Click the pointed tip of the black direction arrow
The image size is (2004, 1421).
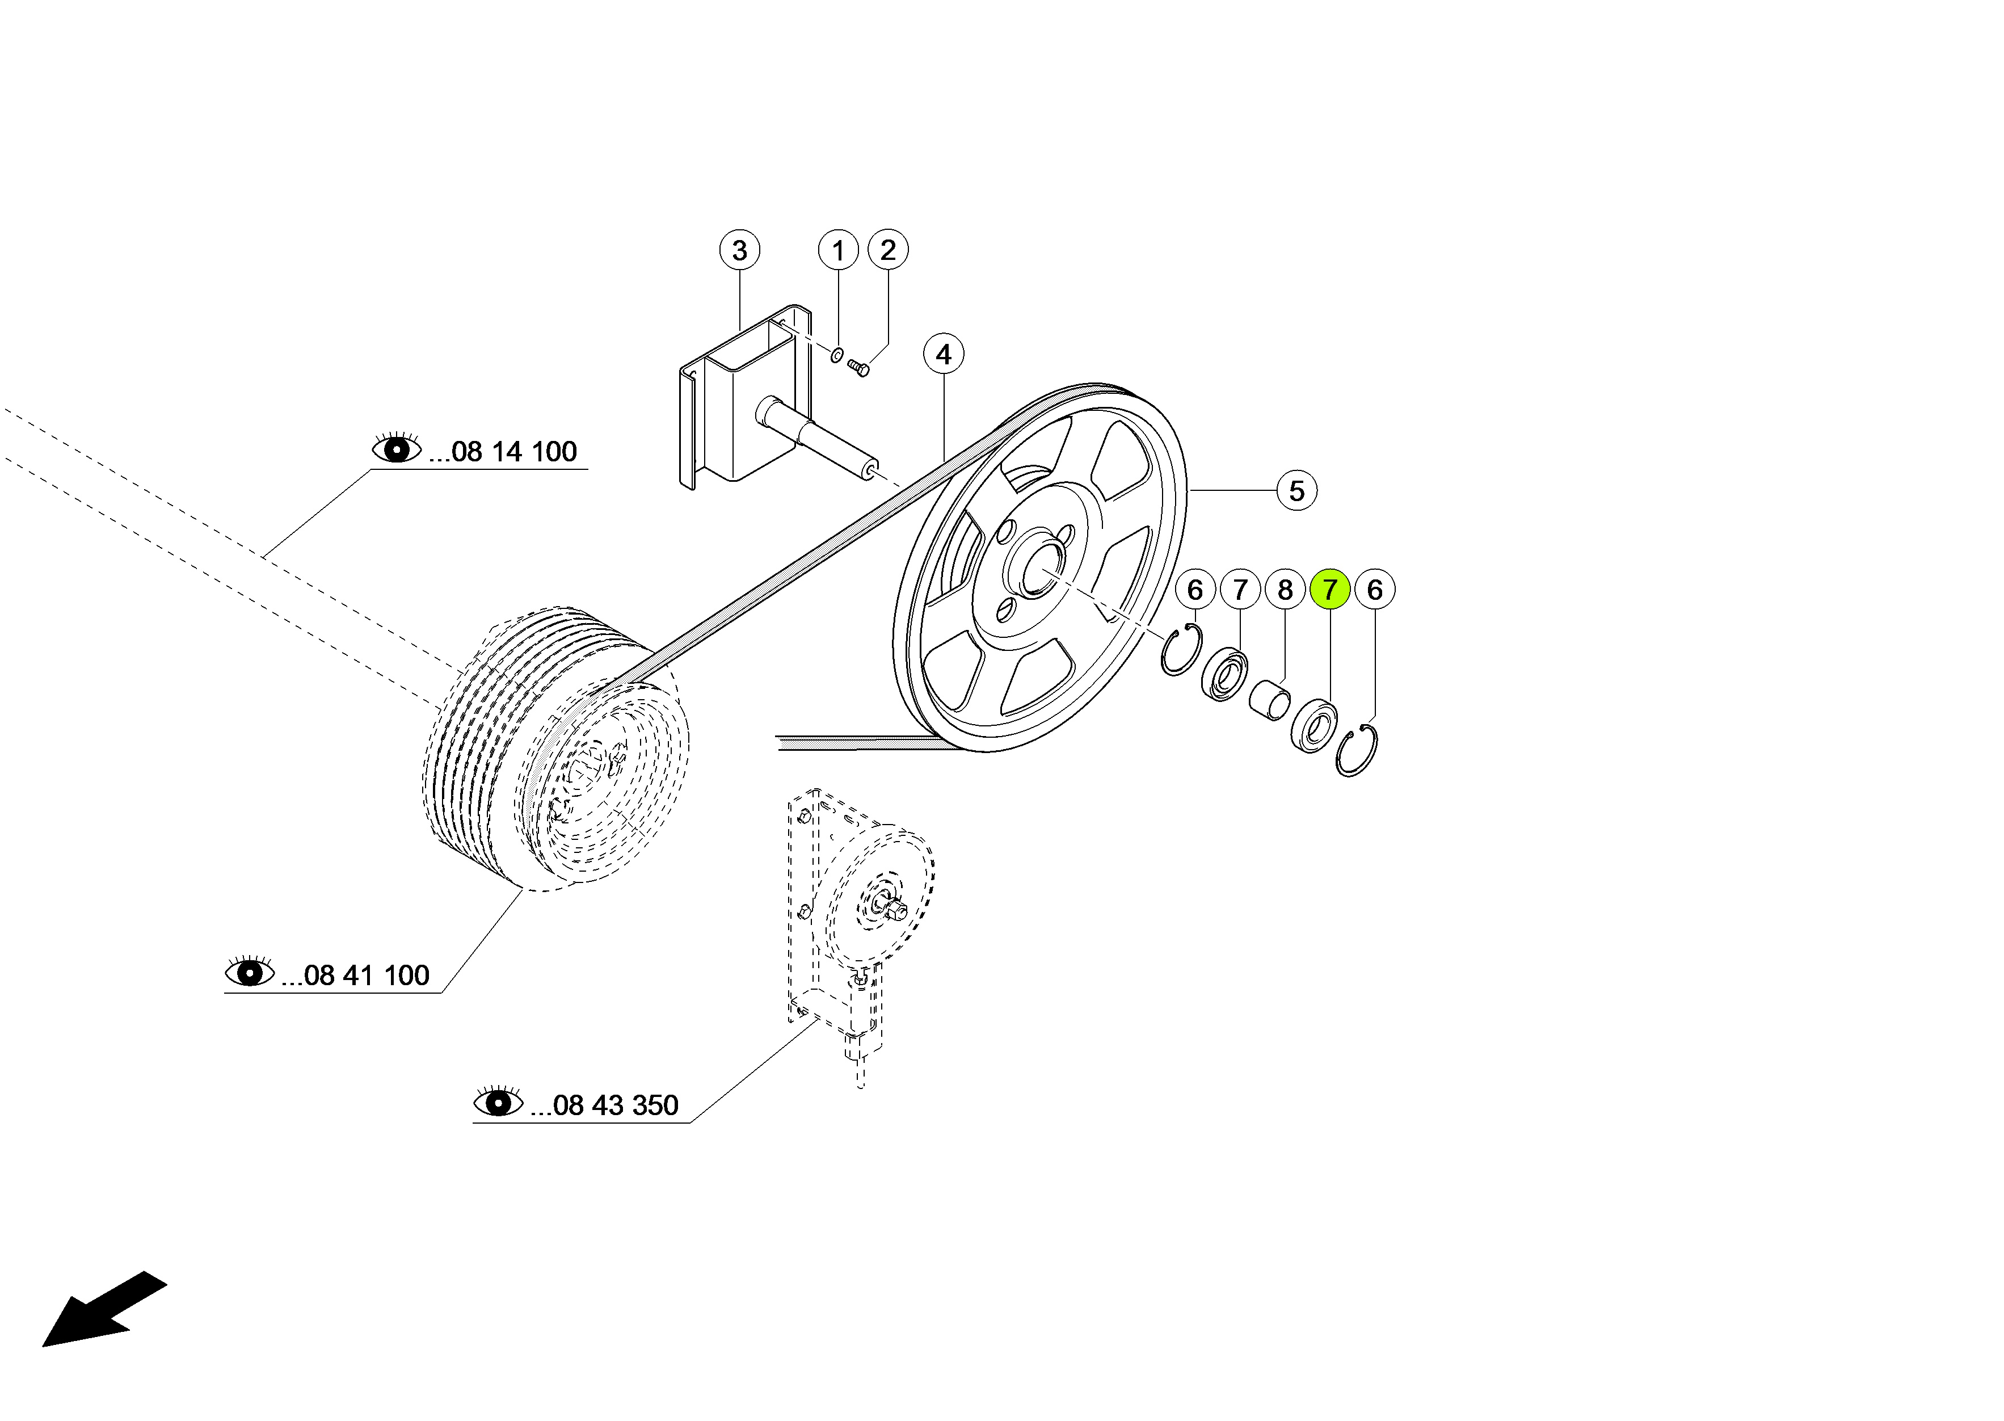tap(44, 1346)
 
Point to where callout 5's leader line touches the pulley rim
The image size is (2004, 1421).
tap(1189, 491)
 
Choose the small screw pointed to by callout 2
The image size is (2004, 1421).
tap(859, 368)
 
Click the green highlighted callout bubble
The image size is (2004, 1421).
tap(1329, 590)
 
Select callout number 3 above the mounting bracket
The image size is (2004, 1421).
tap(739, 250)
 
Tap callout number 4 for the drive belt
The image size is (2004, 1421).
tap(943, 354)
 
